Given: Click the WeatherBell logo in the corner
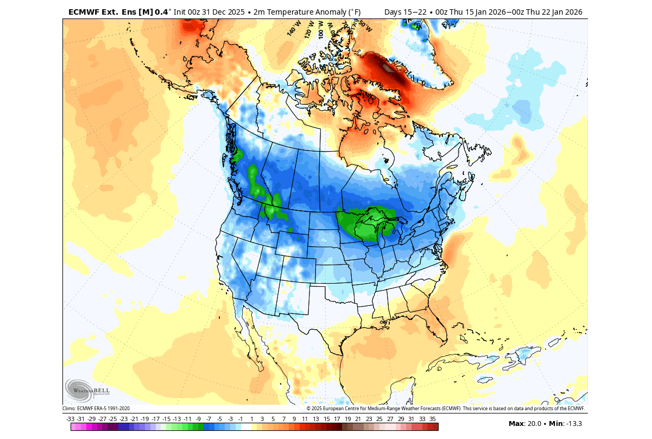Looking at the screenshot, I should click(87, 390).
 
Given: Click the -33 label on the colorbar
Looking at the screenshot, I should click(70, 419).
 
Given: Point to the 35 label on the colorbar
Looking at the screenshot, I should click(433, 419).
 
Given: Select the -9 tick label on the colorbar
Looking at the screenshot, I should click(198, 419).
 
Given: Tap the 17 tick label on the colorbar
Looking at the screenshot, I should click(337, 419).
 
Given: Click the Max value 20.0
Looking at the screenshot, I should click(533, 424).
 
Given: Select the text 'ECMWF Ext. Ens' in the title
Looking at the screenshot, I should click(101, 12).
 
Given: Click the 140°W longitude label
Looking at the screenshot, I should click(294, 29).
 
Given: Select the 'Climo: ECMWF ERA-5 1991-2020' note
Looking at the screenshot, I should click(96, 409).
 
